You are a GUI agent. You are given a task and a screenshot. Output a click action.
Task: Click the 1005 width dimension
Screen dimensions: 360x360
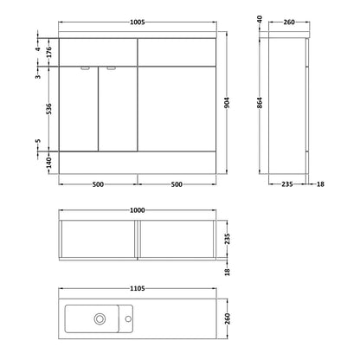[137, 22]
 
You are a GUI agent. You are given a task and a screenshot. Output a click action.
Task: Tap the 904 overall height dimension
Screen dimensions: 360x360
[227, 103]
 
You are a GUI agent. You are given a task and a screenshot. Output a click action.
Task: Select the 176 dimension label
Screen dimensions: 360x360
[48, 52]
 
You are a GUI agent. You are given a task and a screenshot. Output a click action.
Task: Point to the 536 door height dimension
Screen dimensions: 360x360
[49, 109]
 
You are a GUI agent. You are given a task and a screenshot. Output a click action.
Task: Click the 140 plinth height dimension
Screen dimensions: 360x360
[48, 163]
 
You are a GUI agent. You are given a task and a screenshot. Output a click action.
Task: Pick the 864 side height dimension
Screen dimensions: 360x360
[260, 103]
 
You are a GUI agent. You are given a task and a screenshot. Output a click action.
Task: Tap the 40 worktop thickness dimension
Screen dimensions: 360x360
[260, 20]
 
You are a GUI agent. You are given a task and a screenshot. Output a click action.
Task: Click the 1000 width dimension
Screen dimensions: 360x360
[137, 210]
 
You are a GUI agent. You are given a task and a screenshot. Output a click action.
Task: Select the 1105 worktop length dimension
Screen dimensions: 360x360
[137, 288]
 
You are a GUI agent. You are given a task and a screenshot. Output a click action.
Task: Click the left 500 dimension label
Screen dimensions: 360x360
[98, 184]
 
